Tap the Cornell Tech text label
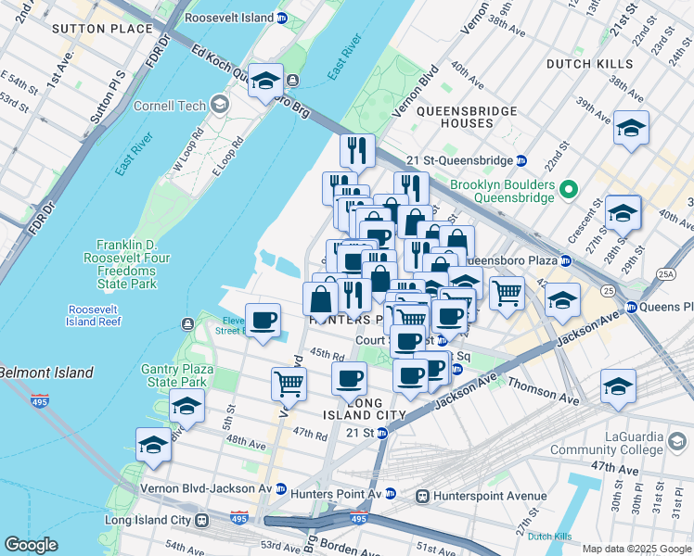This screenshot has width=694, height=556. pyautogui.click(x=167, y=106)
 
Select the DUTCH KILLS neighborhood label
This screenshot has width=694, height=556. pyautogui.click(x=590, y=64)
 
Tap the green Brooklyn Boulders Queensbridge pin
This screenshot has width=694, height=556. pyautogui.click(x=571, y=191)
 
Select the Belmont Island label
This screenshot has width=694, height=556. pyautogui.click(x=46, y=373)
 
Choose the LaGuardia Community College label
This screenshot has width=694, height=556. pyautogui.click(x=608, y=443)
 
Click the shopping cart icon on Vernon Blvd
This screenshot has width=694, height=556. pyautogui.click(x=289, y=384)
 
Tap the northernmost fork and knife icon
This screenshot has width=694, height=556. pyautogui.click(x=357, y=150)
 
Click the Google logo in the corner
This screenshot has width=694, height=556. pyautogui.click(x=32, y=545)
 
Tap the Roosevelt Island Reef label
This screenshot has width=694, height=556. pyautogui.click(x=93, y=316)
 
